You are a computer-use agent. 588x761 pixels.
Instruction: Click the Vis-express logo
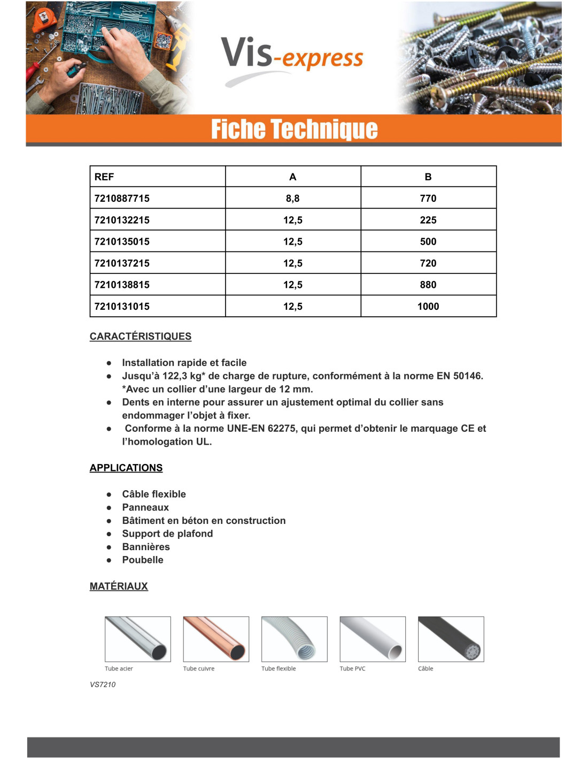coord(292,58)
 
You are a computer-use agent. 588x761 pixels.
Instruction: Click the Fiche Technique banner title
coord(294,129)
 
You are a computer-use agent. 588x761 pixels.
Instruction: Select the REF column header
coord(104,177)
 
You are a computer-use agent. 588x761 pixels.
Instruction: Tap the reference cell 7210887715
coord(122,198)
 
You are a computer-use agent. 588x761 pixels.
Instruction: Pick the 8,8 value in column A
coord(292,198)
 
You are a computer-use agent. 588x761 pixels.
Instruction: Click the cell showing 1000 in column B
coord(428,306)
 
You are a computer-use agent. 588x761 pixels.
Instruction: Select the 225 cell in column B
coord(428,220)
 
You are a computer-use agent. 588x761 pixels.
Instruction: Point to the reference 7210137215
coord(122,263)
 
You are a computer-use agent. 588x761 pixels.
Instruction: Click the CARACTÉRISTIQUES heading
coord(140,336)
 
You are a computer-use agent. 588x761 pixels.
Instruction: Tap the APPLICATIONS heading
coord(126,468)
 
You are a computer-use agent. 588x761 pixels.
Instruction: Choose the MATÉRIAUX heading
coord(118,586)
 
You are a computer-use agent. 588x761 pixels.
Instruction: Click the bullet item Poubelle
coord(143,560)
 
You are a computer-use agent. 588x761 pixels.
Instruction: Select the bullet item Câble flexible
coord(154,494)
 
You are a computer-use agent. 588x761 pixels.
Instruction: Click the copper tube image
coord(216,638)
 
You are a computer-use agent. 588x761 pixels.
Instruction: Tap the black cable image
coord(451,638)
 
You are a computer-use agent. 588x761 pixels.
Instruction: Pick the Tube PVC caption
coord(352,668)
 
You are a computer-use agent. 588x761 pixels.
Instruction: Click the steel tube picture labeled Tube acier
coord(137,638)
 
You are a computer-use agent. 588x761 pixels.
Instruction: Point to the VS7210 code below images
coord(103,684)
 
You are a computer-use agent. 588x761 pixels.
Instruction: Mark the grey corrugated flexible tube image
coord(294,638)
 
